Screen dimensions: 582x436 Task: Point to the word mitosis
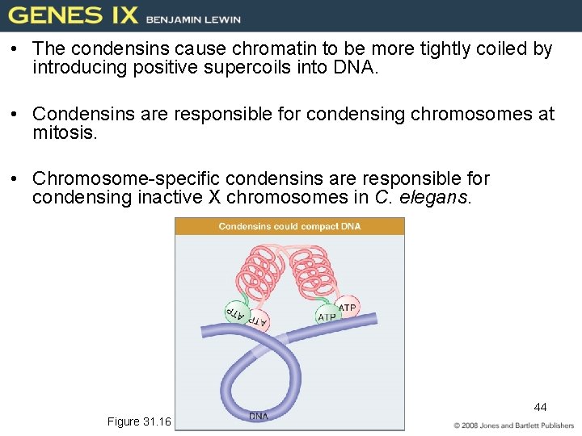pos(65,132)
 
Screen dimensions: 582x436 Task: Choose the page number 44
pos(540,407)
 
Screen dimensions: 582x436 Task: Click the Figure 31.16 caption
pos(139,421)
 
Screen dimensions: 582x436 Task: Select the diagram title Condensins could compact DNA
pos(289,227)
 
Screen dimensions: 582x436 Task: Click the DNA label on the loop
pos(259,417)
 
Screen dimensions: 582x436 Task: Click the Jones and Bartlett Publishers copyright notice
pos(513,426)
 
